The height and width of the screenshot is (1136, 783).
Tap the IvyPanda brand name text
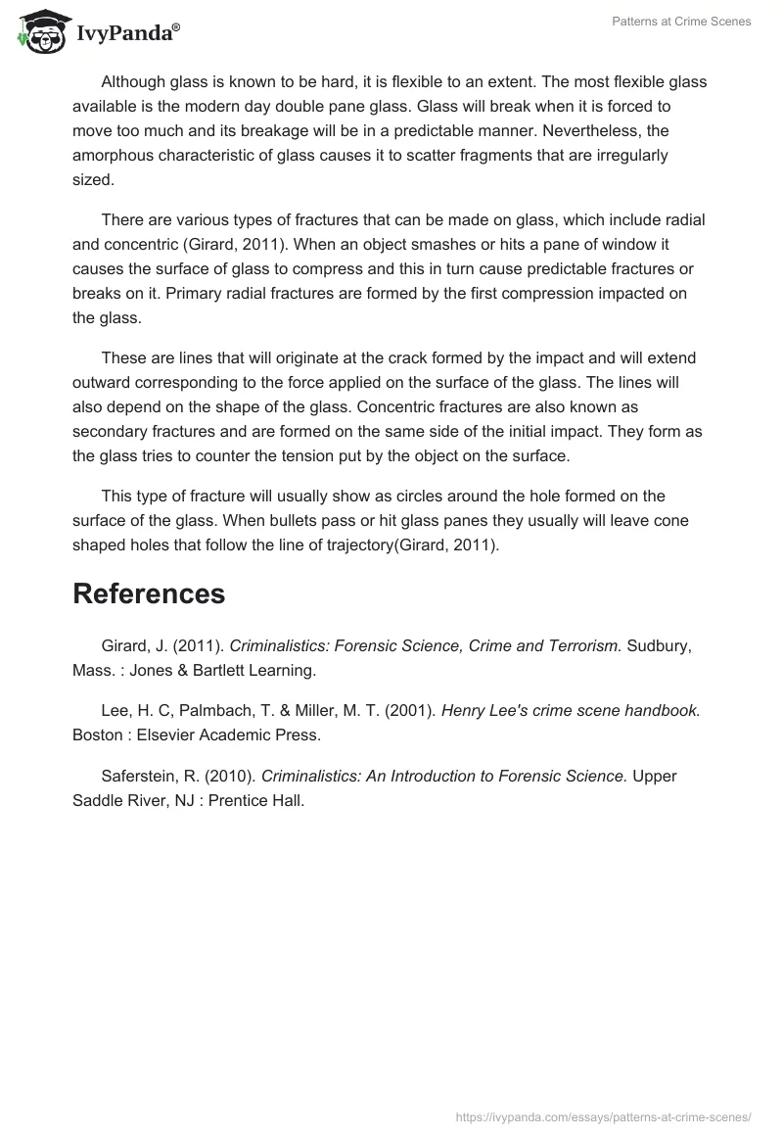(x=127, y=32)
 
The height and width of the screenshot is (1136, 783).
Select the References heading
(x=149, y=593)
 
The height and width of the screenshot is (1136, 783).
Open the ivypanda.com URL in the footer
(x=604, y=1115)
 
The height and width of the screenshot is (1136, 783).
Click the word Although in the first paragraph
(x=133, y=82)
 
